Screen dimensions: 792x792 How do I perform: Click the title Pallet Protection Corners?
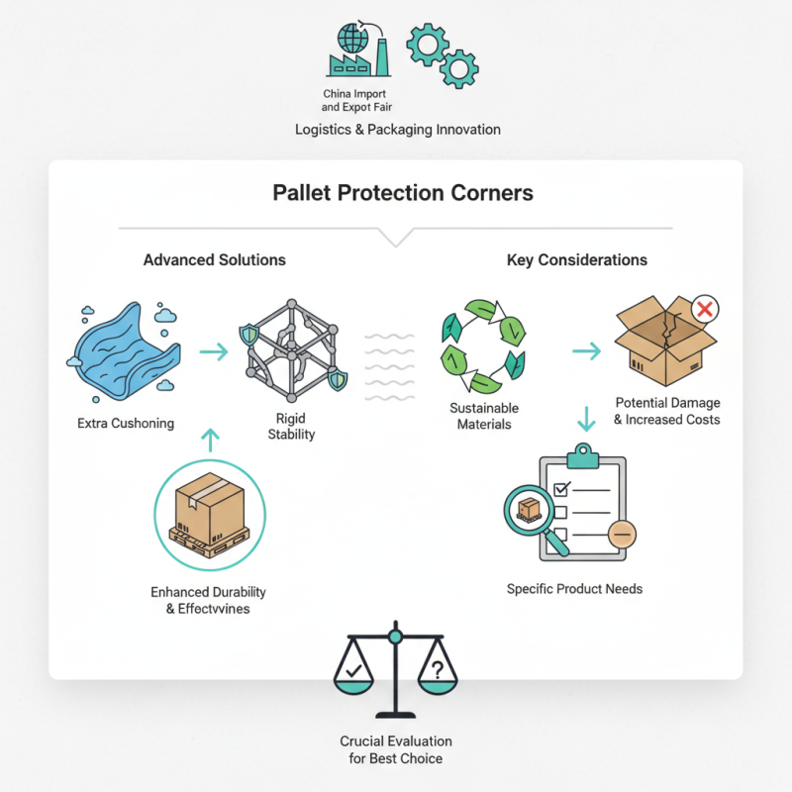pos(403,192)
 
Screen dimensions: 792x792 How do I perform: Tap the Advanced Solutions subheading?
pos(215,260)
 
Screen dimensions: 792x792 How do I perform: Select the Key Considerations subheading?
pos(577,260)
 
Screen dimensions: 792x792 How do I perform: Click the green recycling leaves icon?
pos(482,346)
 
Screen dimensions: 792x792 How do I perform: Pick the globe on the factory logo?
pos(350,38)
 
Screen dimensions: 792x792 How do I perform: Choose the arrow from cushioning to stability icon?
pos(212,350)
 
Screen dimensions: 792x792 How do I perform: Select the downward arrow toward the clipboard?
pos(585,419)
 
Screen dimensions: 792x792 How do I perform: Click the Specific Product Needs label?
pos(574,589)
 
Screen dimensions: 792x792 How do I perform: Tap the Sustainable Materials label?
pos(484,417)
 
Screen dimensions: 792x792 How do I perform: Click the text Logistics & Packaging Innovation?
pos(397,130)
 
